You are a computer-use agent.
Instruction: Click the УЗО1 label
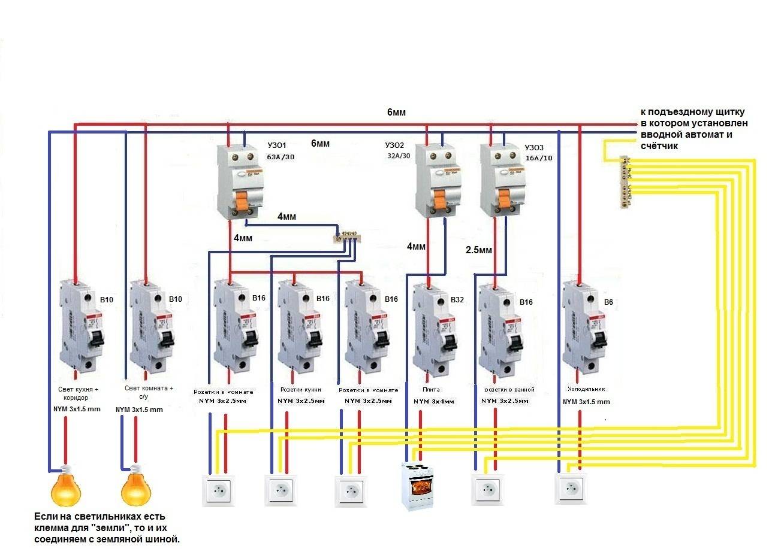(x=277, y=145)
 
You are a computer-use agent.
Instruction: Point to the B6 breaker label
(x=608, y=302)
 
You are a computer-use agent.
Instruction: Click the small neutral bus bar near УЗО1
(x=348, y=235)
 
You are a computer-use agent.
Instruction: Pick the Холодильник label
(x=586, y=389)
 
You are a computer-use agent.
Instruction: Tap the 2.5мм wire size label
(x=478, y=250)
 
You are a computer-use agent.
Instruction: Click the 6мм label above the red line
(x=397, y=112)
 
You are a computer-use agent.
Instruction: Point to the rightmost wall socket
(x=571, y=489)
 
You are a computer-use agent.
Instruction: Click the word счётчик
(x=659, y=146)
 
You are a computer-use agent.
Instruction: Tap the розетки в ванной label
(x=508, y=390)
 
